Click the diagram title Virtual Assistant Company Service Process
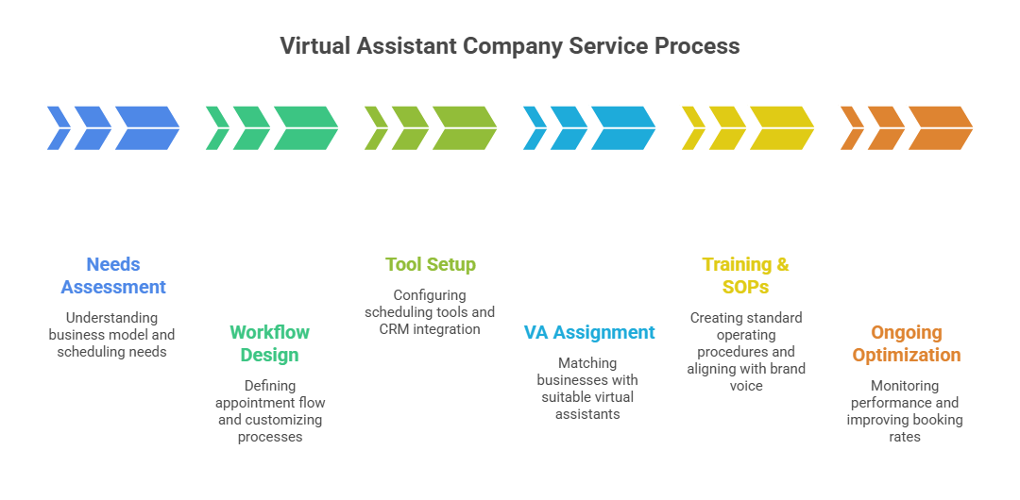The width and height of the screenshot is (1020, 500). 510,45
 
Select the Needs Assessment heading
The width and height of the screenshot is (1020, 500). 113,275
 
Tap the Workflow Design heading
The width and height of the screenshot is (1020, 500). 270,343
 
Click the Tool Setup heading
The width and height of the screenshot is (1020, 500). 431,264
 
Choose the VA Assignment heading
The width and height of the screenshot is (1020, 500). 589,332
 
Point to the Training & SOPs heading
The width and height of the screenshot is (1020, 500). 746,275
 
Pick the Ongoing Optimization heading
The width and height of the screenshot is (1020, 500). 907,343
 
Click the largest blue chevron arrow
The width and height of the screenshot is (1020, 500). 147,128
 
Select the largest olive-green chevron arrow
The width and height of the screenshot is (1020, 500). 465,128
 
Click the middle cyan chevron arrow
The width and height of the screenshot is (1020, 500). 569,128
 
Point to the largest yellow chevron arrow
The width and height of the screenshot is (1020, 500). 782,128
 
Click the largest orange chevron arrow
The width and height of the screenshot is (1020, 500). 941,128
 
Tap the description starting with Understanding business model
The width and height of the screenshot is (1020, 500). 112,335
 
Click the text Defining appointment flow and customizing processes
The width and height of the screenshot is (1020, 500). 270,411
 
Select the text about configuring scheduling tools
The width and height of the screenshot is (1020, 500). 430,312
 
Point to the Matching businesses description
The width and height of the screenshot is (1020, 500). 587,389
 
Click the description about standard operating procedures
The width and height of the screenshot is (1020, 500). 746,351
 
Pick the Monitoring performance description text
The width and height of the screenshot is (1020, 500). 905,411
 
